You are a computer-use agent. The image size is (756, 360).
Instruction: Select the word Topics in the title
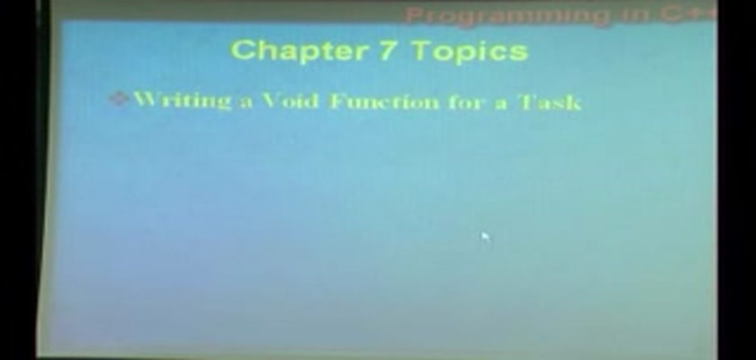(x=471, y=51)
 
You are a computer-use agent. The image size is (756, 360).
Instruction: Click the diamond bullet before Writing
(x=118, y=99)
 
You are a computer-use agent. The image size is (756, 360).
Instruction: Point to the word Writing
(x=182, y=100)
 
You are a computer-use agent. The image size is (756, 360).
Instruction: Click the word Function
(x=384, y=102)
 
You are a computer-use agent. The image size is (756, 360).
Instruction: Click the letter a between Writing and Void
(x=246, y=103)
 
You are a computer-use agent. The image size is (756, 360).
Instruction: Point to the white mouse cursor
(x=485, y=237)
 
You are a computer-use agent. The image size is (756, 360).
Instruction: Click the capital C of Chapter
(x=242, y=49)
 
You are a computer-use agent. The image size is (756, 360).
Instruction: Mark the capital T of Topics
(x=422, y=49)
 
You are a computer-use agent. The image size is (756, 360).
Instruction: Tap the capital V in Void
(x=271, y=100)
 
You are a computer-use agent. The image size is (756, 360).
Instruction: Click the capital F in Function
(x=337, y=101)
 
